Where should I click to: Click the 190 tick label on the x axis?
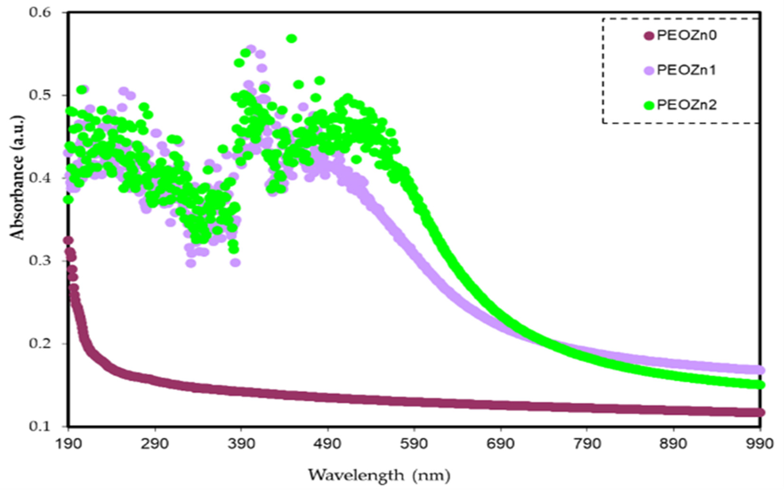pos(68,444)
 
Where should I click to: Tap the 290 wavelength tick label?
pos(155,444)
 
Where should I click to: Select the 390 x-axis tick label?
pos(241,444)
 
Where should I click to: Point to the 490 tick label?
pos(327,444)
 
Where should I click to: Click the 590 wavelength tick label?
pos(414,444)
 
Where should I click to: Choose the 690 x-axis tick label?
pos(501,444)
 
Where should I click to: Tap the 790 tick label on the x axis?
pos(587,444)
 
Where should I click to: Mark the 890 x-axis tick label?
pos(674,444)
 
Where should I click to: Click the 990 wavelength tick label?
pos(760,444)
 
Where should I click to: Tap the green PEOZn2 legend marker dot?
pos(649,105)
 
